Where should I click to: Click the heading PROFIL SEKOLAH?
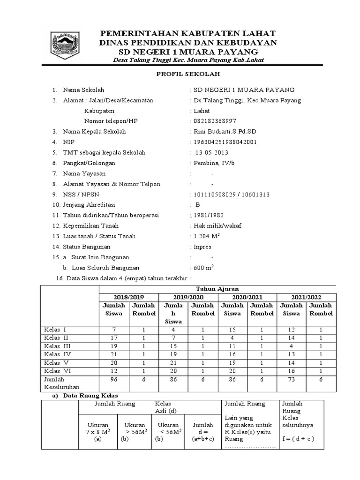(187, 74)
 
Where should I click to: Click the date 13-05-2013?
(211, 152)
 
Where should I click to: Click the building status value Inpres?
(202, 247)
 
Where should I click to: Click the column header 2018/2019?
(129, 298)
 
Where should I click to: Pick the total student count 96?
(113, 379)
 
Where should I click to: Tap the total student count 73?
(291, 379)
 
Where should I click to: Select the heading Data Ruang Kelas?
(87, 396)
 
